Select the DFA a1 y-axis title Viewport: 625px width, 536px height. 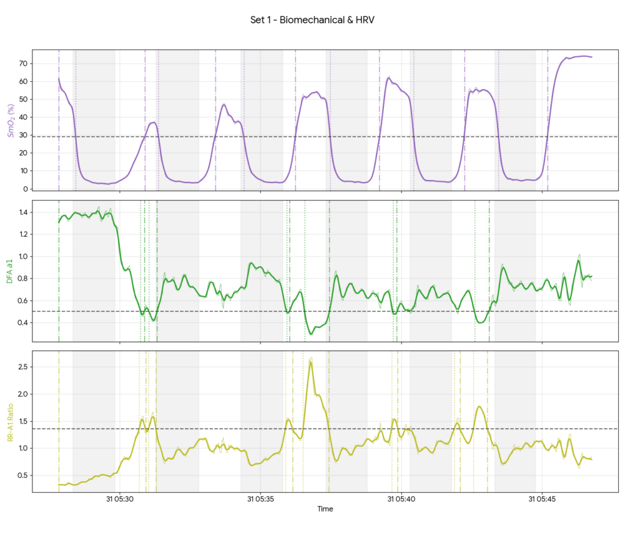click(10, 270)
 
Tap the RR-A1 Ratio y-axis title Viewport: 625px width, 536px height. click(10, 421)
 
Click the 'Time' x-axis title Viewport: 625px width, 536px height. click(325, 509)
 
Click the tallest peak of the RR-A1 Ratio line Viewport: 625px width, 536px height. click(311, 362)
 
